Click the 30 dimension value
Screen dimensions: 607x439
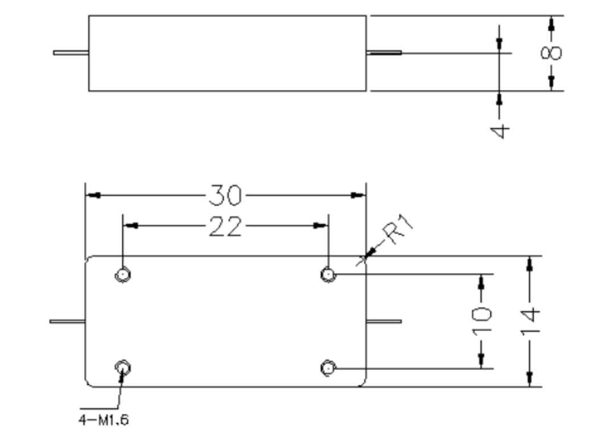pyautogui.click(x=225, y=195)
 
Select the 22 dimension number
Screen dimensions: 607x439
pyautogui.click(x=225, y=226)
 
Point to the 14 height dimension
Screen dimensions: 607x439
pyautogui.click(x=530, y=321)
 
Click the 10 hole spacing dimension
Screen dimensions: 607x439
pyautogui.click(x=482, y=320)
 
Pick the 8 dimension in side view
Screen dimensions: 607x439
pyautogui.click(x=551, y=53)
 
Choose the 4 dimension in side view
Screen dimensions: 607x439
pyautogui.click(x=499, y=131)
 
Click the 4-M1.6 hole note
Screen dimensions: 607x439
pyautogui.click(x=104, y=420)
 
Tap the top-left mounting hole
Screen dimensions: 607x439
pyautogui.click(x=123, y=274)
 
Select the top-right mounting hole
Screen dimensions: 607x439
pyautogui.click(x=328, y=274)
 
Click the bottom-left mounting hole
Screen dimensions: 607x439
pyautogui.click(x=123, y=368)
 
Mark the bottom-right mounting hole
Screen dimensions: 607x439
pyautogui.click(x=328, y=368)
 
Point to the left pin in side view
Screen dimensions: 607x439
pyautogui.click(x=71, y=53)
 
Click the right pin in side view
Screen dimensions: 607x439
pyautogui.click(x=384, y=53)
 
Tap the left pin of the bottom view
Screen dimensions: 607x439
pyautogui.click(x=67, y=321)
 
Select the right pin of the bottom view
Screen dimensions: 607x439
pyautogui.click(x=384, y=321)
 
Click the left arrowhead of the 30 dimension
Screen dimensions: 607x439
pyautogui.click(x=93, y=195)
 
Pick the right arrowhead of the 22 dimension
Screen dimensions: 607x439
pyautogui.click(x=320, y=225)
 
